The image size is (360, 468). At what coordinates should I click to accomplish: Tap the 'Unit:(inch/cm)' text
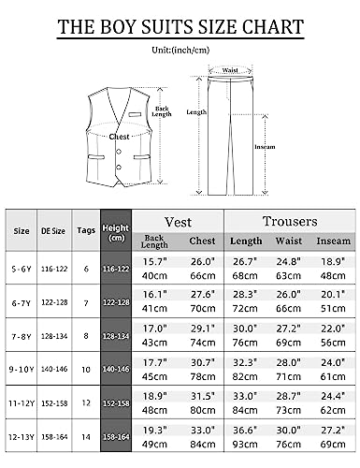pos(180,51)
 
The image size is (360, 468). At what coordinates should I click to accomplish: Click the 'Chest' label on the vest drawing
pos(120,136)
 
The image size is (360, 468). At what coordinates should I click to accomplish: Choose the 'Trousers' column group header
pos(288,221)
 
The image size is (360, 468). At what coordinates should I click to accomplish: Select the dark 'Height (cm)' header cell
pos(115,231)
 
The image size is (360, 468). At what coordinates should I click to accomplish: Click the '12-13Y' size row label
pos(21,436)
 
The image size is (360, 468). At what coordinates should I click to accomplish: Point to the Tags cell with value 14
pos(85,436)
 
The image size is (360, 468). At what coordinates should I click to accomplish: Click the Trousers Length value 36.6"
pos(247,429)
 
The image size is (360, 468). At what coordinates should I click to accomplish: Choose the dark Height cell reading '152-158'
pos(115,402)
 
